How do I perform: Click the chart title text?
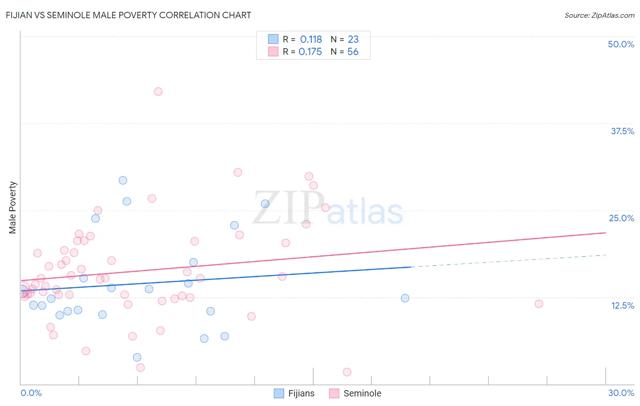128,15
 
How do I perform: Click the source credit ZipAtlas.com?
599,15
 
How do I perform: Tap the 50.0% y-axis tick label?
620,44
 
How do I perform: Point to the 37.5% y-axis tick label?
622,131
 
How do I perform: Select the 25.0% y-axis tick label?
621,218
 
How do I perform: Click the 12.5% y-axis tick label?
622,305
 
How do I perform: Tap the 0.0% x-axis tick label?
31,393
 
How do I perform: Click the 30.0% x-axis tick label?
620,393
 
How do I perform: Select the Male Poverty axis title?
13,208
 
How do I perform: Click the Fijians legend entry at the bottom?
295,393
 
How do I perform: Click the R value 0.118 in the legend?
311,40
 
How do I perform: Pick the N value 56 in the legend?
353,52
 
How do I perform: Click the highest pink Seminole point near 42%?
158,91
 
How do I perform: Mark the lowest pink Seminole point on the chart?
347,372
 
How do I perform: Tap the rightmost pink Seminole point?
538,304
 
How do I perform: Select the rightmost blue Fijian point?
405,298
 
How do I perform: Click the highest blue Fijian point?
123,180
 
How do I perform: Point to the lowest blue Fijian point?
137,357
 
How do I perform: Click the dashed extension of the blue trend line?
510,260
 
